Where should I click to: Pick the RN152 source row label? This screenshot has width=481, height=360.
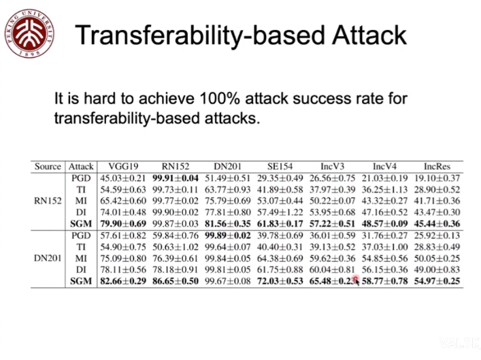[48, 201]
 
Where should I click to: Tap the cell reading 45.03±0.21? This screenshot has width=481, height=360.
[122, 178]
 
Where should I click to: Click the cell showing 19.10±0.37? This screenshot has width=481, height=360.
[437, 178]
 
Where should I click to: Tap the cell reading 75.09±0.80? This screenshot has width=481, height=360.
[122, 259]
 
